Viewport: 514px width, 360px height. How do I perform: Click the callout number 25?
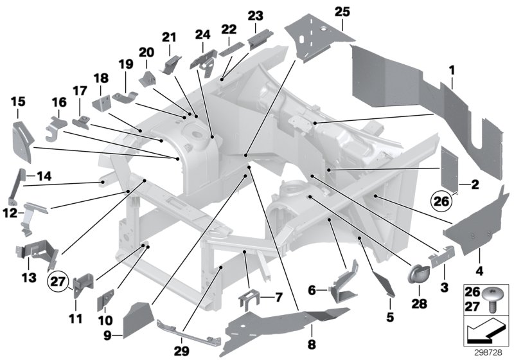(342, 11)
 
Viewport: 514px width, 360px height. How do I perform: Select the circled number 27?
(58, 280)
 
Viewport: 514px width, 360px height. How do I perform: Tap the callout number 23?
(255, 15)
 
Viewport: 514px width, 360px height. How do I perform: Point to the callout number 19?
(124, 64)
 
